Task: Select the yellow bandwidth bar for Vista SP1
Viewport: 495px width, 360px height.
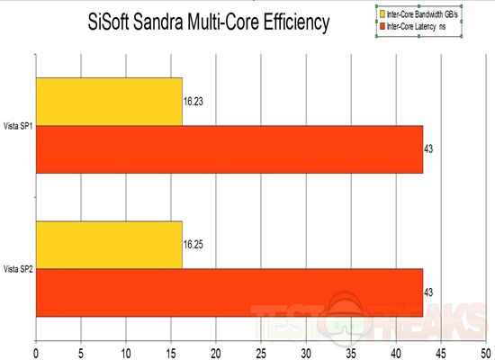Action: coord(109,101)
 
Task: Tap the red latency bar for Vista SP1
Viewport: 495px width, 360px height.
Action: coord(229,148)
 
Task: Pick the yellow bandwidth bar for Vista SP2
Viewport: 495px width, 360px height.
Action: coord(109,245)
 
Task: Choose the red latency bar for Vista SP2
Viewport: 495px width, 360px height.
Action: coord(229,292)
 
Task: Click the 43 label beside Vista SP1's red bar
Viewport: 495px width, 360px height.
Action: coord(430,148)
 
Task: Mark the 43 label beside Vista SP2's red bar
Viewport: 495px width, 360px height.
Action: coord(430,292)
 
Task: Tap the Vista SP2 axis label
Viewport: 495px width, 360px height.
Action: coord(17,269)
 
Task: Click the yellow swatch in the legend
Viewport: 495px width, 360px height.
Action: coord(382,14)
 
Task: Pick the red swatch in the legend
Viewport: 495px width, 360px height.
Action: coord(382,29)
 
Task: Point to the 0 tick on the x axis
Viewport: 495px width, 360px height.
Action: coord(36,343)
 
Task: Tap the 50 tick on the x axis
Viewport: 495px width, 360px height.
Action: coord(485,343)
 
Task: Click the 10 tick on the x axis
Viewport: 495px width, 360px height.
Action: coord(126,343)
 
